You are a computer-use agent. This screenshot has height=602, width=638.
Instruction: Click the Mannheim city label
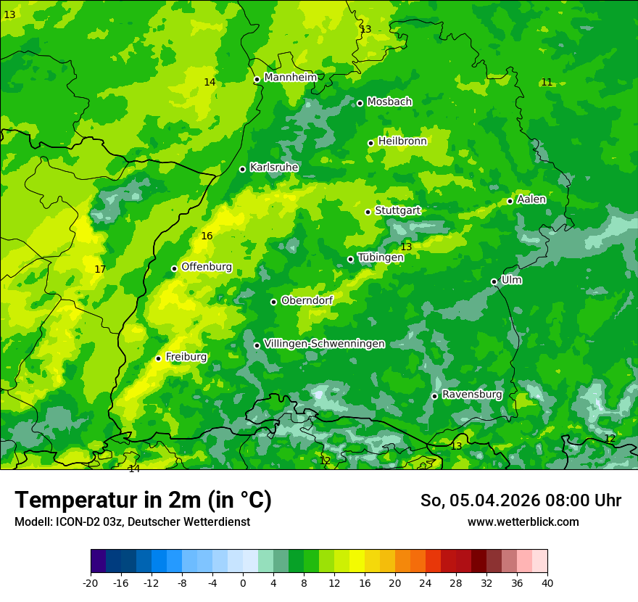[290, 77]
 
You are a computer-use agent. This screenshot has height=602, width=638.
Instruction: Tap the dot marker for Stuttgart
[368, 212]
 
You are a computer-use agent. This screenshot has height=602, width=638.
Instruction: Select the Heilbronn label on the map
[402, 141]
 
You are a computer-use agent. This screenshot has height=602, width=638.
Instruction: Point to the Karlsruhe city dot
[243, 169]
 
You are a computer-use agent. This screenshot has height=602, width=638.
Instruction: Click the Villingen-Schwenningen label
[324, 344]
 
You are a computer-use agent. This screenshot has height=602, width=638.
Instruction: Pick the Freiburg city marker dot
[158, 358]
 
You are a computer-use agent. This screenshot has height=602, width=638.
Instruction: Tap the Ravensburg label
[472, 395]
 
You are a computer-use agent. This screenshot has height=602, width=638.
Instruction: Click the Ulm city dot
[494, 281]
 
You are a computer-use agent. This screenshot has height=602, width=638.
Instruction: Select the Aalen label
[531, 199]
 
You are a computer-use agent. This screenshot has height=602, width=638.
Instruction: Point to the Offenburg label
[207, 267]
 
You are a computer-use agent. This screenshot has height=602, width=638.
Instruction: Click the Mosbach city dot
[360, 103]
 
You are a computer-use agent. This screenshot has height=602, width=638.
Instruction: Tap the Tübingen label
[381, 257]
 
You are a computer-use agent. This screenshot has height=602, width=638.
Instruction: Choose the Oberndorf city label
[307, 300]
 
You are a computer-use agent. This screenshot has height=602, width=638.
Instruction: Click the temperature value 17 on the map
[100, 269]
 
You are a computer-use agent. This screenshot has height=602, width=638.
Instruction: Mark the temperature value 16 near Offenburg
[207, 236]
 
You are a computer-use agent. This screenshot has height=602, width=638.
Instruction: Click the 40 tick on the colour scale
[547, 582]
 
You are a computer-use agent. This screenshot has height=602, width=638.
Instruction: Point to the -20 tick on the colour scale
[91, 582]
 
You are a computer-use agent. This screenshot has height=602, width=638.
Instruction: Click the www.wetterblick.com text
[523, 522]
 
